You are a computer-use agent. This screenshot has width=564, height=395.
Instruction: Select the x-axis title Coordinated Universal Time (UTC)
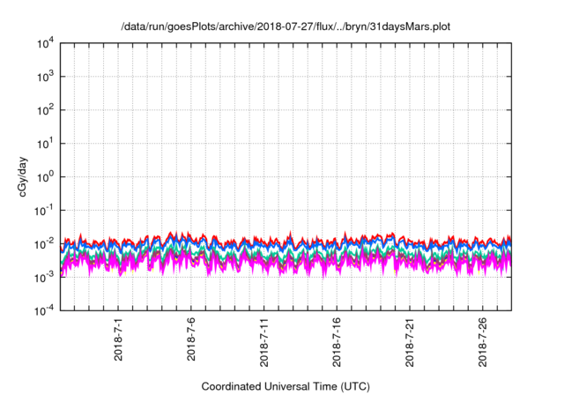(286, 386)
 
